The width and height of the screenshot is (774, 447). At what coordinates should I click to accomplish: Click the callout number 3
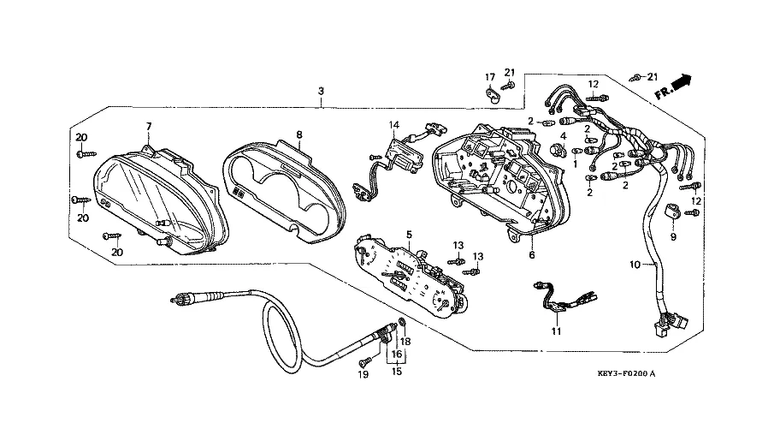pyautogui.click(x=320, y=91)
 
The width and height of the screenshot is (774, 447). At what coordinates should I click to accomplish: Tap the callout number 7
pyautogui.click(x=148, y=127)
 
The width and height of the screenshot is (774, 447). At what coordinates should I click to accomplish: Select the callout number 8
pyautogui.click(x=299, y=134)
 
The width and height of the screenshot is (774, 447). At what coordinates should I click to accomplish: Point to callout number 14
pyautogui.click(x=394, y=125)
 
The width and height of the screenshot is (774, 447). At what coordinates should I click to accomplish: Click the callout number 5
pyautogui.click(x=409, y=235)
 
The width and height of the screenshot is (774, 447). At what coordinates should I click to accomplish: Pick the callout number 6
pyautogui.click(x=531, y=254)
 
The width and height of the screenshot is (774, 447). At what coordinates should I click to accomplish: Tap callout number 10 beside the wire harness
pyautogui.click(x=635, y=265)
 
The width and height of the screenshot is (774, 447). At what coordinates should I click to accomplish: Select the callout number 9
pyautogui.click(x=672, y=235)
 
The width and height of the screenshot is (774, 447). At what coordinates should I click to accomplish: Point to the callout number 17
pyautogui.click(x=490, y=77)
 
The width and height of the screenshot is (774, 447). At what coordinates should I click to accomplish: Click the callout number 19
pyautogui.click(x=363, y=375)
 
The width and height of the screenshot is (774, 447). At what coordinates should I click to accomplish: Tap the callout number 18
pyautogui.click(x=407, y=342)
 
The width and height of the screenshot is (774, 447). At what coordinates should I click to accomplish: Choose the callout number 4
pyautogui.click(x=564, y=135)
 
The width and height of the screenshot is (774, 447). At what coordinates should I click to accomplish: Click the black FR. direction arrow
pyautogui.click(x=680, y=85)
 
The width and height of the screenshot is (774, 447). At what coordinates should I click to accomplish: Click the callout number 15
pyautogui.click(x=396, y=371)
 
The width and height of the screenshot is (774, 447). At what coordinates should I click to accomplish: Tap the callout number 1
pyautogui.click(x=575, y=164)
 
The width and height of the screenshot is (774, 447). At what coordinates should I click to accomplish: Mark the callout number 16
pyautogui.click(x=396, y=353)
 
